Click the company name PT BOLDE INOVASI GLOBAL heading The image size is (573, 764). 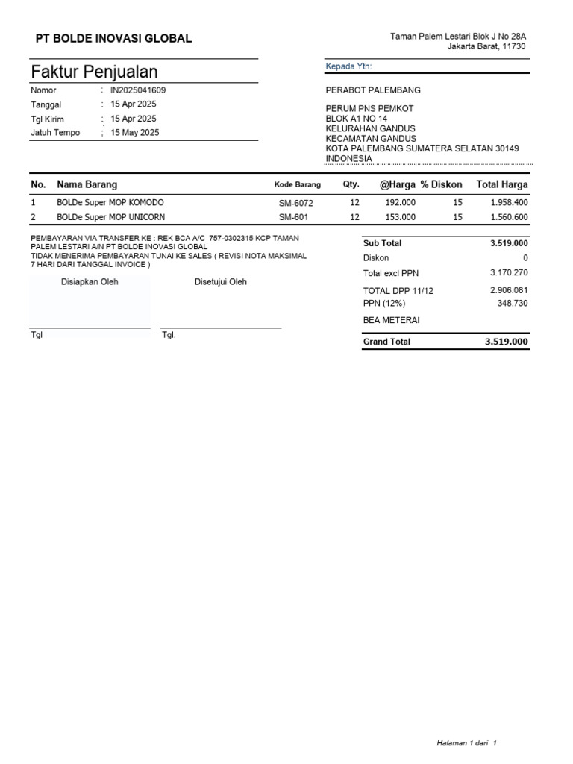114,38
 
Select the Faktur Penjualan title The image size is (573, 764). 94,72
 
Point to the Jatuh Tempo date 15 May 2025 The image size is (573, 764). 134,133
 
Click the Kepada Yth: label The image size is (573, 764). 348,67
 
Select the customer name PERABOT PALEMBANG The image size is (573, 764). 373,90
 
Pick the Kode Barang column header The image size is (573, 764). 297,184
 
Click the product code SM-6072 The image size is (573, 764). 296,203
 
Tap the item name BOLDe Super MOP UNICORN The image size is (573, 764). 111,217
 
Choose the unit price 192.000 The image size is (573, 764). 400,203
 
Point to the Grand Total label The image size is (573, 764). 386,342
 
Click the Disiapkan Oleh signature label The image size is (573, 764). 90,282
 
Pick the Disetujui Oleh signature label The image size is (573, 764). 220,282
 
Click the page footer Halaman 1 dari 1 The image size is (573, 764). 466,743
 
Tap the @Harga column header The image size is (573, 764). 397,184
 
